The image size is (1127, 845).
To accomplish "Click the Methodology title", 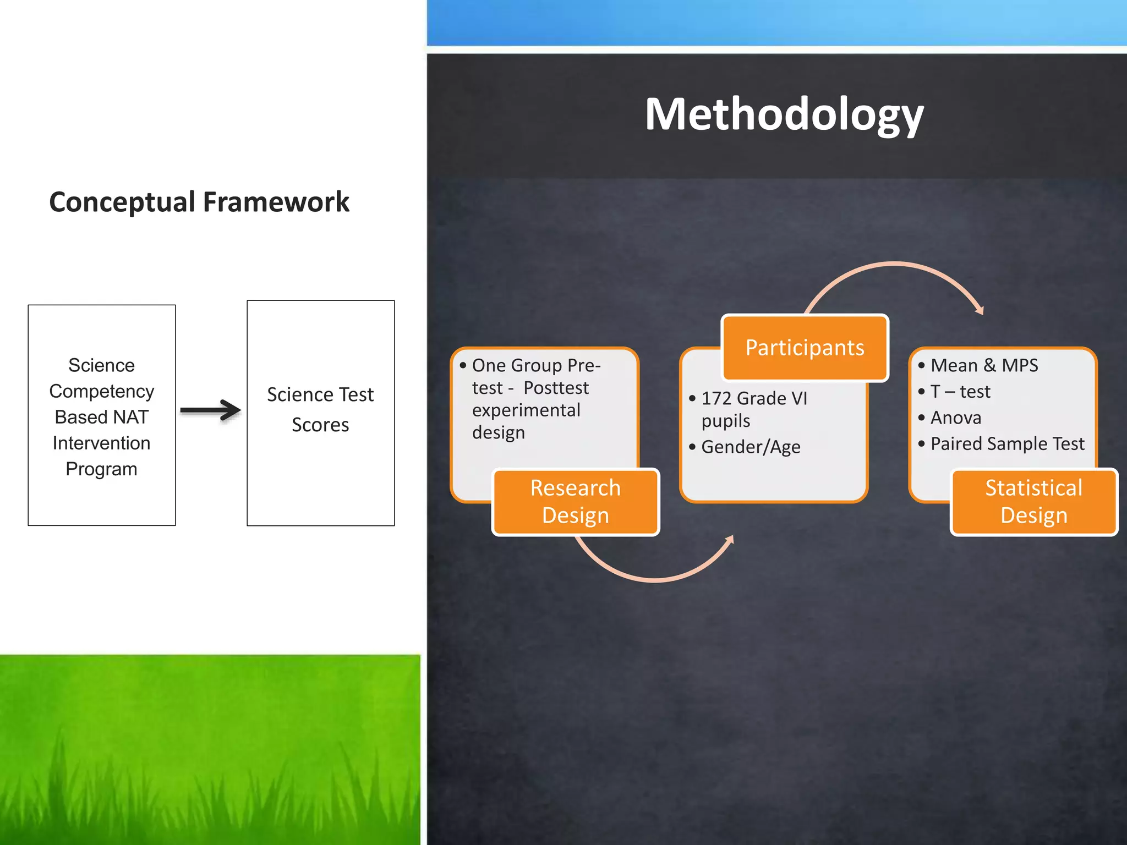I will click(x=784, y=114).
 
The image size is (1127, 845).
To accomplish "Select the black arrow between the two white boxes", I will click(x=210, y=410).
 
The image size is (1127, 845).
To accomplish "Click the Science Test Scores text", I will click(x=320, y=409).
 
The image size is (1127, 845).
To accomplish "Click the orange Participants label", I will click(x=805, y=348).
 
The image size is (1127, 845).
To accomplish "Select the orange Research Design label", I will click(x=575, y=501).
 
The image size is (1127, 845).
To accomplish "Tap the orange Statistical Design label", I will click(x=1033, y=501).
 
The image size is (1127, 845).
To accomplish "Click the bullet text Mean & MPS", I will click(x=984, y=365).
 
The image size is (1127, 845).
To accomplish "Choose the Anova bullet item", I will click(x=955, y=418).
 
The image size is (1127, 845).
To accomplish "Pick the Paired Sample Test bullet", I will click(x=1007, y=443).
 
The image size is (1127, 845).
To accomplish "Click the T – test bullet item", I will click(x=960, y=392).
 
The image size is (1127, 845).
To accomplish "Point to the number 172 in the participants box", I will click(x=716, y=398).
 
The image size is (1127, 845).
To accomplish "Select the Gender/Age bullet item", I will click(x=751, y=447).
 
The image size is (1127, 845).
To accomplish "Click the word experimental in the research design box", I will click(x=526, y=410).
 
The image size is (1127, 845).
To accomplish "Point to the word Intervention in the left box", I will click(x=101, y=443).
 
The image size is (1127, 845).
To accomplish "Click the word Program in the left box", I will click(x=101, y=469).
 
